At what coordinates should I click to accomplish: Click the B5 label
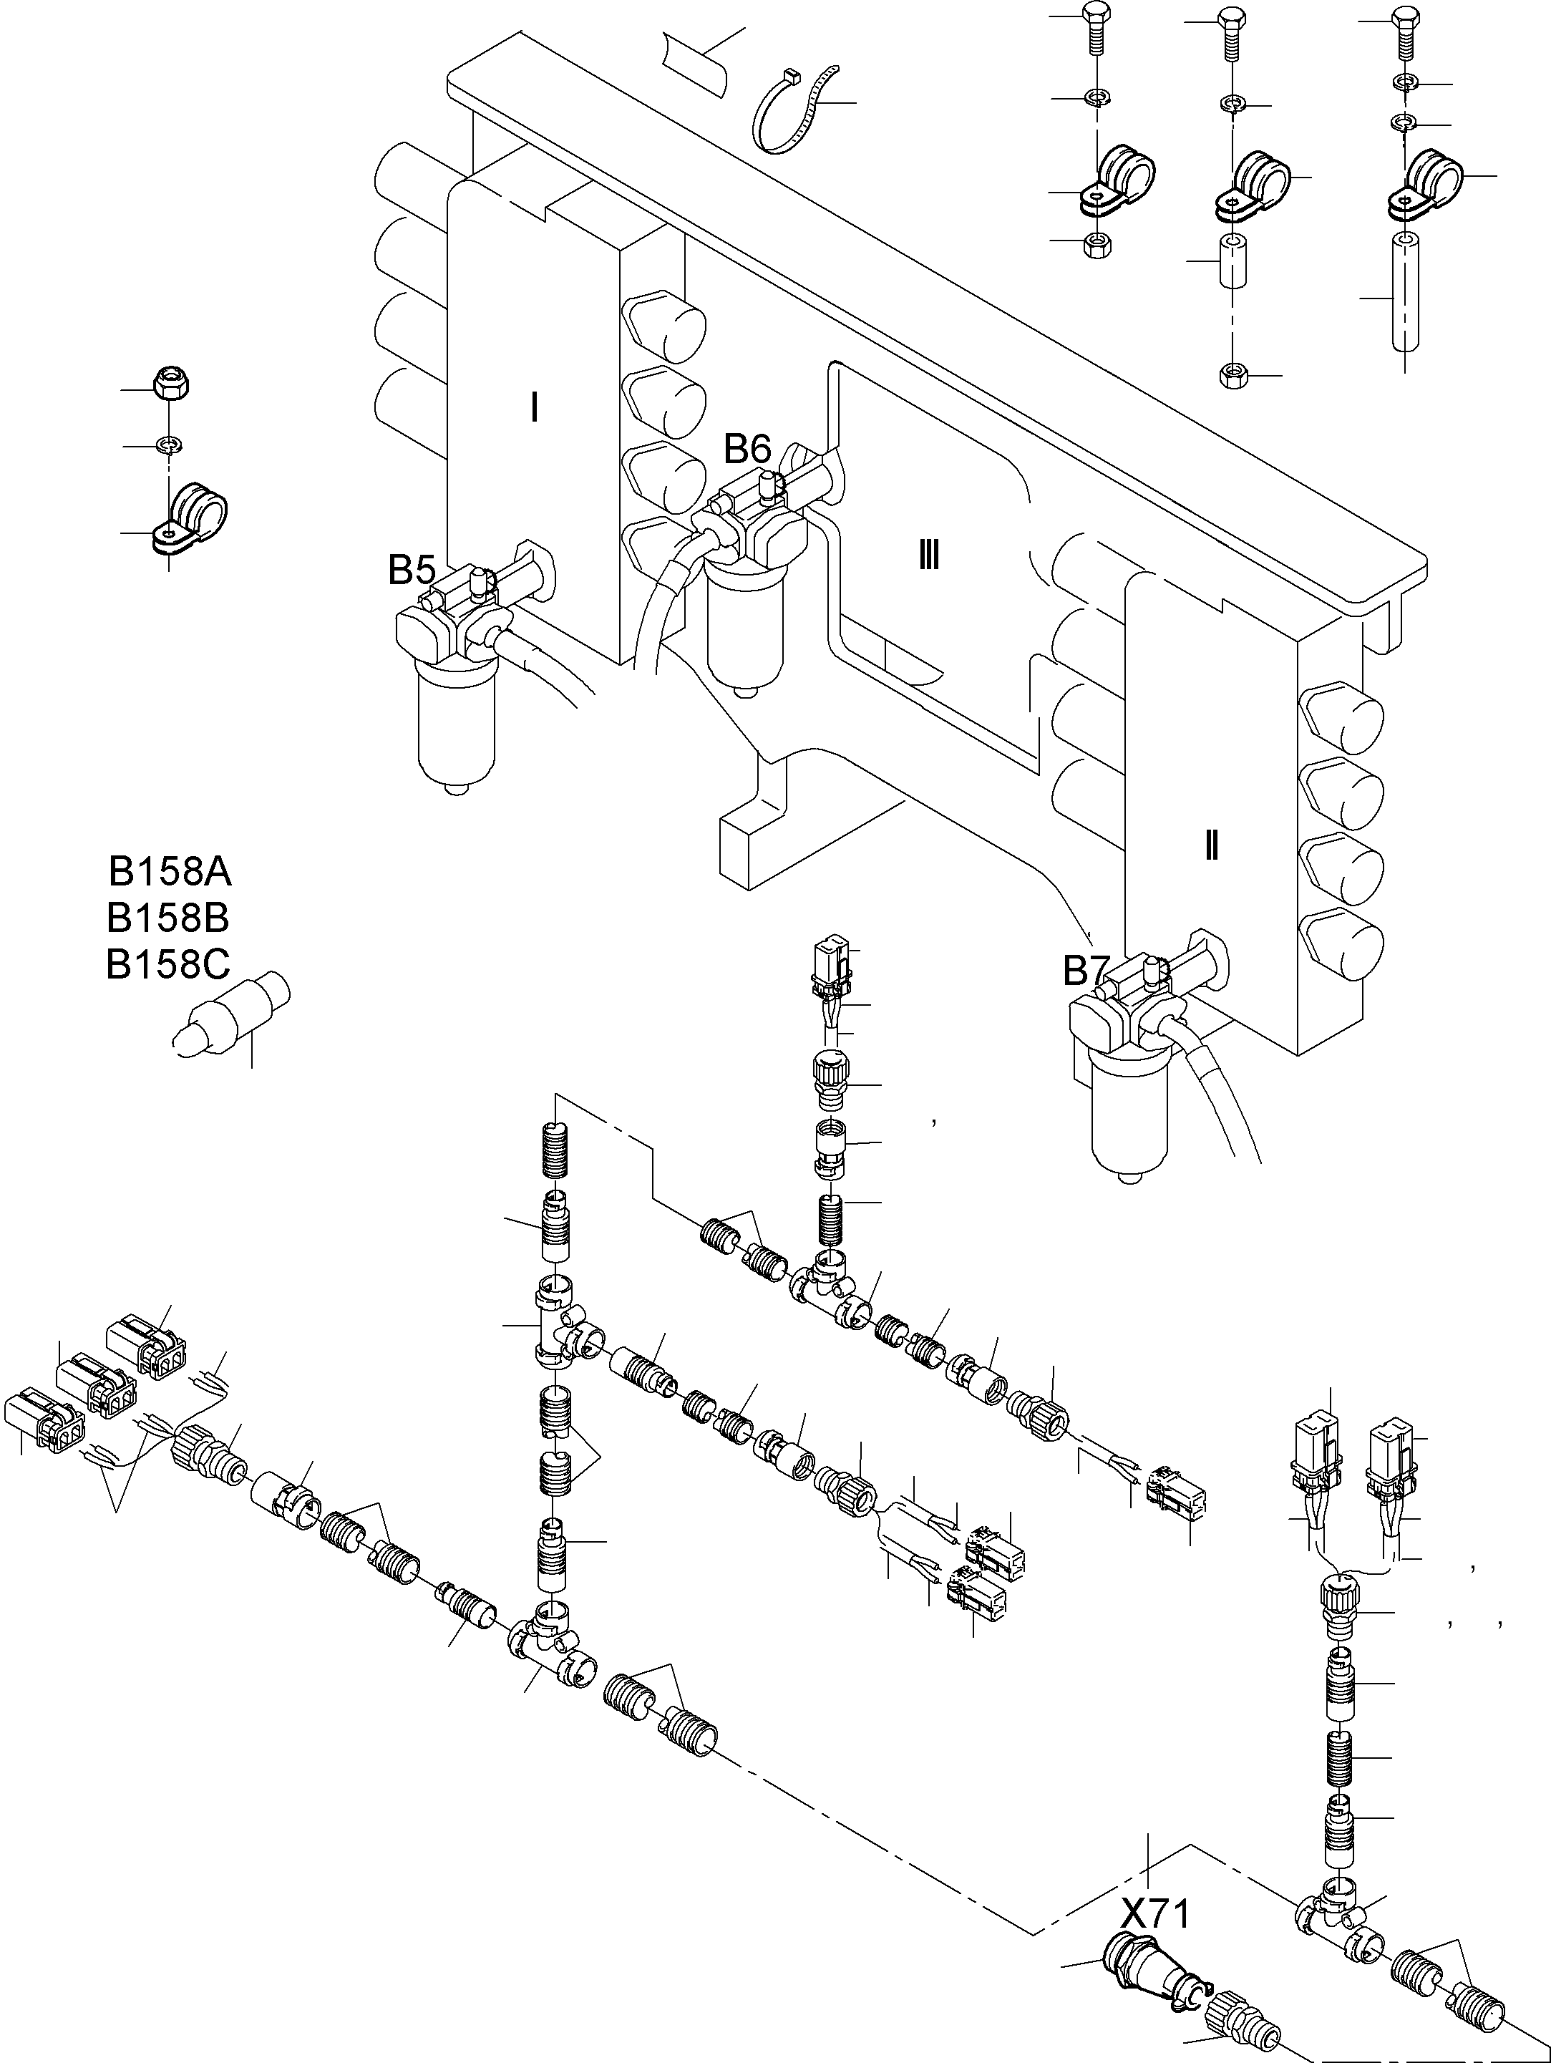[412, 569]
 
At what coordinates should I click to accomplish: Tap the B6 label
[748, 450]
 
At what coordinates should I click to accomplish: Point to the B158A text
[170, 872]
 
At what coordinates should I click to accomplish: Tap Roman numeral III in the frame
[928, 557]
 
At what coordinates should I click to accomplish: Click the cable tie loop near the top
[793, 112]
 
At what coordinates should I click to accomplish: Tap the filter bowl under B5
[457, 723]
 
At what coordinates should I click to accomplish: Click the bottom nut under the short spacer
[1233, 375]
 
